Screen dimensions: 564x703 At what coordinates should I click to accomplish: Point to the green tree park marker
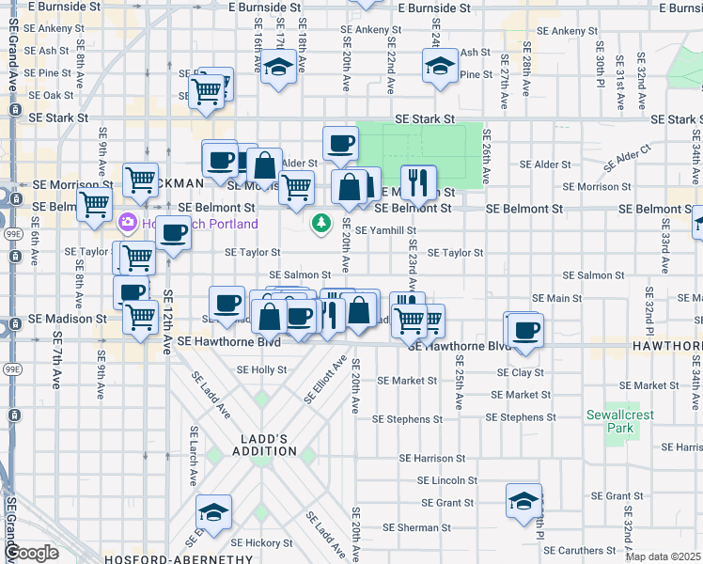pos(321,223)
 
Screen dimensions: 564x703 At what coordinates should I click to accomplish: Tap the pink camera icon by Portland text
pos(127,223)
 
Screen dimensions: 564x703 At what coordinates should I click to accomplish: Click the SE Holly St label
pos(261,369)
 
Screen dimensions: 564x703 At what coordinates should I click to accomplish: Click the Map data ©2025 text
pos(663,556)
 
